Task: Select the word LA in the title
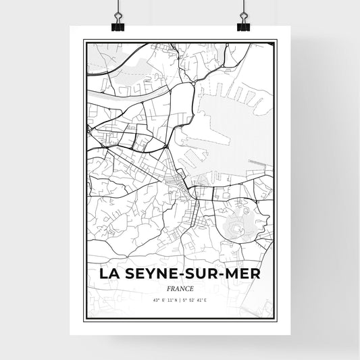110,274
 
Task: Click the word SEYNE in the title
151,274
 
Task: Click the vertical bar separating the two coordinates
180,300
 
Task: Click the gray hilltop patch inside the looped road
240,224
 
